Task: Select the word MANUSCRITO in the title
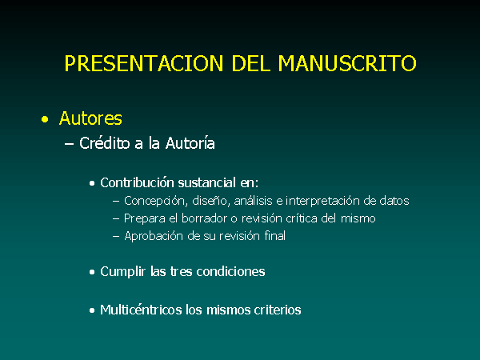pos(347,63)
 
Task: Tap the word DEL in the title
pos(250,63)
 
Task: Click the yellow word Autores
pos(90,118)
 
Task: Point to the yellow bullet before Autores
pos(45,119)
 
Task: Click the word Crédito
pos(104,143)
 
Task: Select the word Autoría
pos(190,143)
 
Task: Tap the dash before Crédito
pos(69,144)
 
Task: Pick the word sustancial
pos(207,182)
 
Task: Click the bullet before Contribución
pos(92,184)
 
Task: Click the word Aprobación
pos(154,236)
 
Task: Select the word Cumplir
pos(122,271)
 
